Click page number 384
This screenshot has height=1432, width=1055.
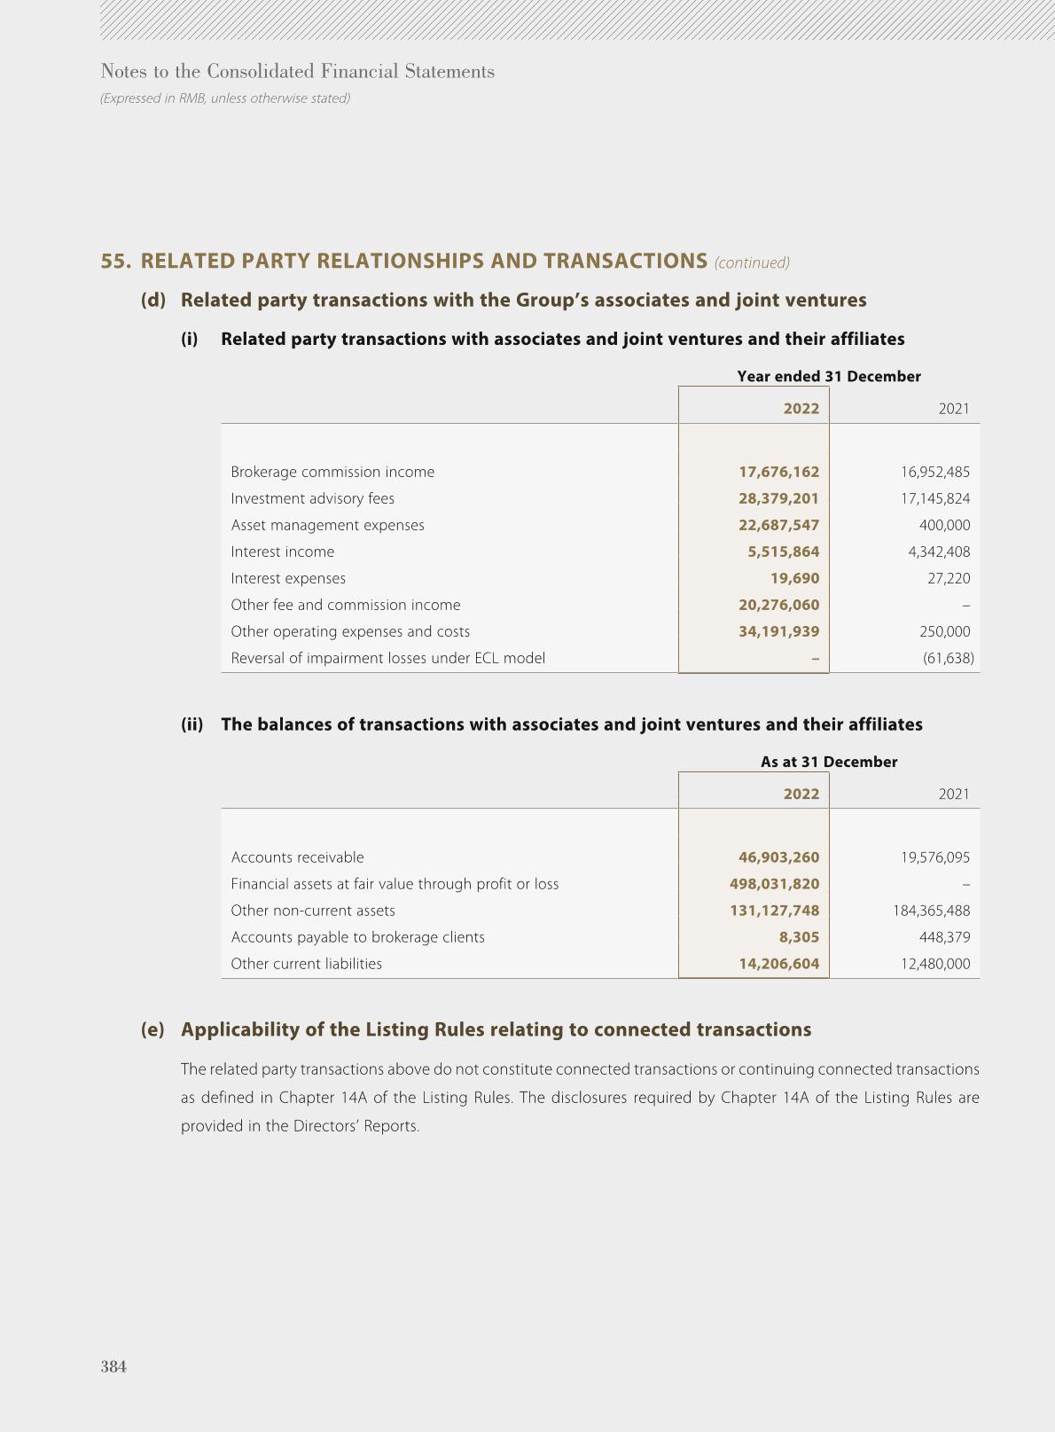113,1366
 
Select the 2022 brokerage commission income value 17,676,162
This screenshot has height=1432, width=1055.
778,472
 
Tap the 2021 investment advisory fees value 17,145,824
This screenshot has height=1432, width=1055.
935,498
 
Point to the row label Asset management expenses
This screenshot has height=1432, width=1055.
327,525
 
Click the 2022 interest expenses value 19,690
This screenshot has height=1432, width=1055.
794,578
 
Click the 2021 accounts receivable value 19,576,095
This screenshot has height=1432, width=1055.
935,857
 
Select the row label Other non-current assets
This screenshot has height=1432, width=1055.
313,911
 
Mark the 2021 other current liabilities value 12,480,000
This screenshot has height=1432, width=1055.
935,964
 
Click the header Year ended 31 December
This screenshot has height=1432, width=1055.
828,376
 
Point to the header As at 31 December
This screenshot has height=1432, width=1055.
828,762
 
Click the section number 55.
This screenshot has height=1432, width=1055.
116,261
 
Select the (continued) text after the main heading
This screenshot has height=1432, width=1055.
752,262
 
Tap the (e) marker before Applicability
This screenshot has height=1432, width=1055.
152,1029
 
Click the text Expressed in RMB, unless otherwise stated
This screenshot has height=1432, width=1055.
225,98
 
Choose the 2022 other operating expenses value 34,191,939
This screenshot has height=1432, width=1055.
778,631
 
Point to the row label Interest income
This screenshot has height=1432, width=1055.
283,552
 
